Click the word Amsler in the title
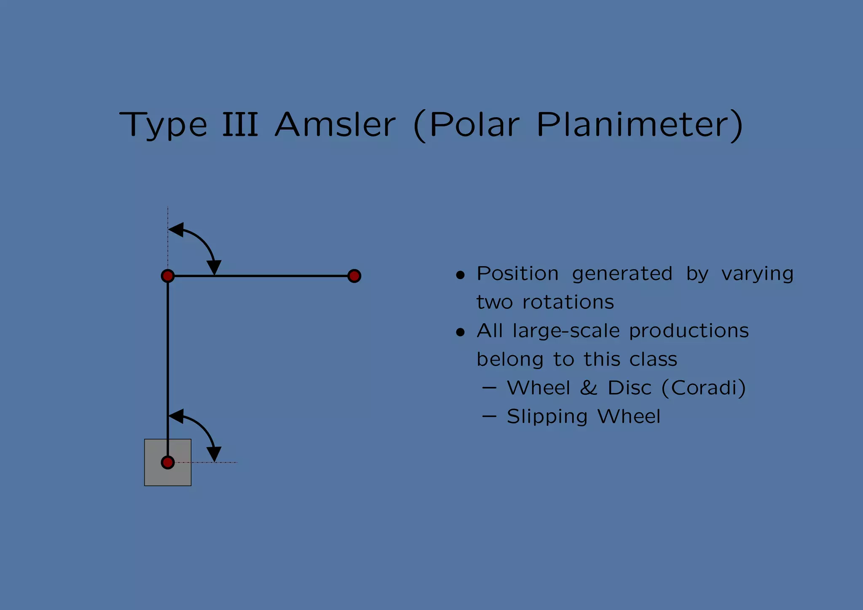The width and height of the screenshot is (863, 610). tap(335, 125)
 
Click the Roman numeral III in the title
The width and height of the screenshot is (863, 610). tap(240, 125)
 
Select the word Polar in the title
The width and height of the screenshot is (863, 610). tap(474, 125)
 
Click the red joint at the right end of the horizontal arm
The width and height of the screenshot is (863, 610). tap(354, 276)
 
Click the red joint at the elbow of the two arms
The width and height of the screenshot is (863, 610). tap(168, 276)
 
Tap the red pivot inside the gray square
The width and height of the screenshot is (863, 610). tap(168, 463)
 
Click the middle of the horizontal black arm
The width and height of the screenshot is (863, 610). tap(261, 276)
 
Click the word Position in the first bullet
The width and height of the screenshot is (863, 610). tap(517, 274)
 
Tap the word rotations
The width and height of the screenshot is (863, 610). tap(568, 302)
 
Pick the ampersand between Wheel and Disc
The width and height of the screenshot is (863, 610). tap(589, 388)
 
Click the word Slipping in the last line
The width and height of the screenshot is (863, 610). tap(547, 417)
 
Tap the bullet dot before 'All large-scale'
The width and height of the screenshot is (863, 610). tap(460, 333)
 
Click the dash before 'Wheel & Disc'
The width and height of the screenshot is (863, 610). tap(489, 388)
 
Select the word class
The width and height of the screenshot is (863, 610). tap(653, 360)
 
